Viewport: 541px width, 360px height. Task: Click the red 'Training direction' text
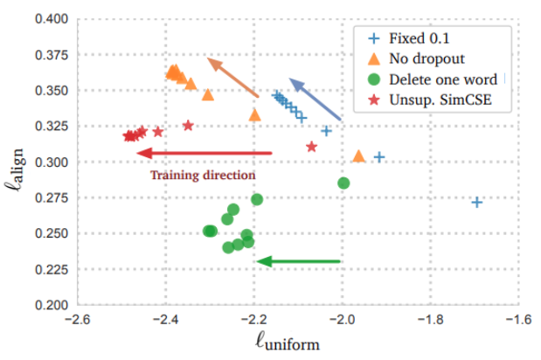(203, 175)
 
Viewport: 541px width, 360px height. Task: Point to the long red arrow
(205, 154)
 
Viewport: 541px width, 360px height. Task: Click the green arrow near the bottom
(299, 260)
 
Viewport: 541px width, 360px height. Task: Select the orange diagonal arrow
(232, 77)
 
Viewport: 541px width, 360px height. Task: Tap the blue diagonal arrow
(315, 99)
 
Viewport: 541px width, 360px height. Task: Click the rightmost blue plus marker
(476, 202)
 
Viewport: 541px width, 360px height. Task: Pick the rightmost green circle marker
(343, 183)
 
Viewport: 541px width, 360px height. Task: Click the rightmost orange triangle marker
(358, 156)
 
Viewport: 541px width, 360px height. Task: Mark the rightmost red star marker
(311, 146)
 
